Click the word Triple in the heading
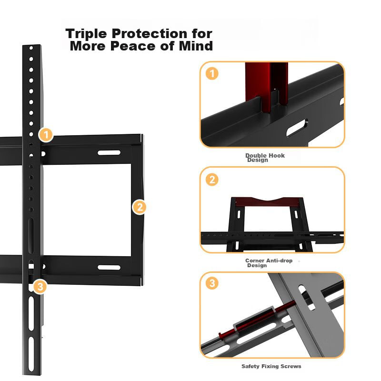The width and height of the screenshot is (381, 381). (x=86, y=33)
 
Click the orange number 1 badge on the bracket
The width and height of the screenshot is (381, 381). (x=46, y=135)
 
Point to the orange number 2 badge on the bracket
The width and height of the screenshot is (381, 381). (x=139, y=207)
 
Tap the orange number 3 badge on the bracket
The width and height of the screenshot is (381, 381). (x=40, y=287)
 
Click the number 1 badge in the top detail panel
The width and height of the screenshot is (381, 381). (x=212, y=73)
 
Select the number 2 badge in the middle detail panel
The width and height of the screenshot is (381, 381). (x=212, y=180)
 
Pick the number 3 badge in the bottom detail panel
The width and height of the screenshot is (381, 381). (x=212, y=283)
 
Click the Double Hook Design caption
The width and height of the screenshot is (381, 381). (x=265, y=158)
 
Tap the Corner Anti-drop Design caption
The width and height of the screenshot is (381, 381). (x=269, y=263)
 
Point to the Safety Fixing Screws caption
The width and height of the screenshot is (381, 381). (x=271, y=366)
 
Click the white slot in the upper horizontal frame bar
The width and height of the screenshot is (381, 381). (x=109, y=152)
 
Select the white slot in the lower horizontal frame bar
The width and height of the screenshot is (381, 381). (x=109, y=267)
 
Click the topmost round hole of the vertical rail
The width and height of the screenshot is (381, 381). (x=31, y=48)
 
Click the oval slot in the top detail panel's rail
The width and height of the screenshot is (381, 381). (x=297, y=128)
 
